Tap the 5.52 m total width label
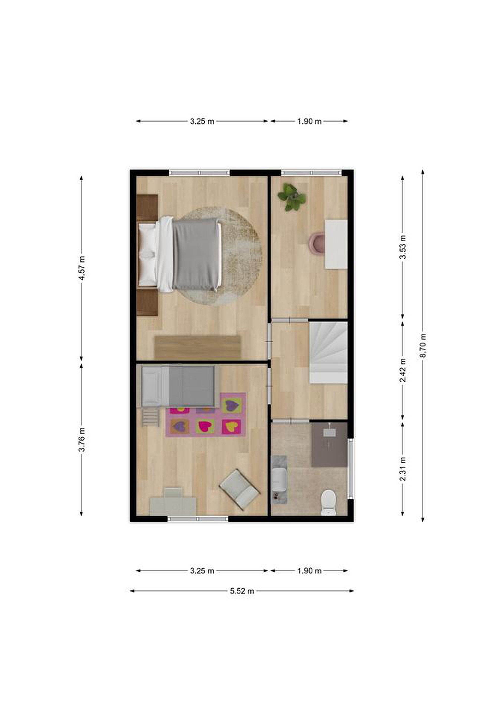(x=242, y=591)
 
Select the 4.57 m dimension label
(x=82, y=268)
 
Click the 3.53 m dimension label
(x=403, y=247)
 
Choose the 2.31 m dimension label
(x=403, y=469)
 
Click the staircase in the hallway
(x=328, y=353)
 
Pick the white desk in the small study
(x=336, y=244)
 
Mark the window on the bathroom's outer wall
(x=350, y=468)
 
